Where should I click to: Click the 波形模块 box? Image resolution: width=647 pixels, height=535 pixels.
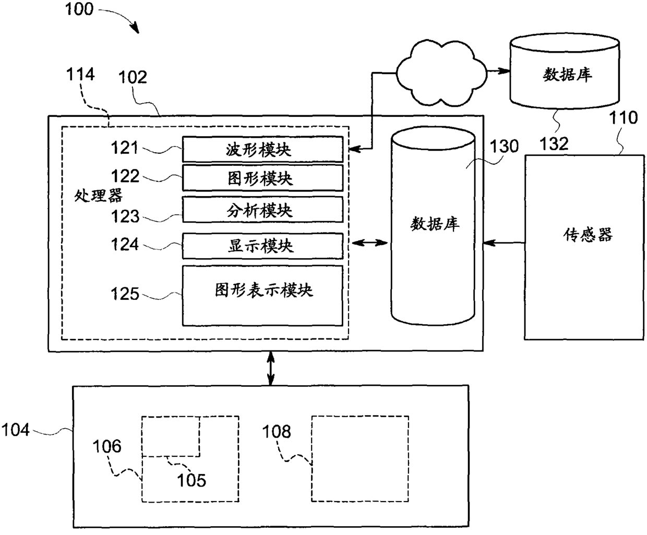point(263,149)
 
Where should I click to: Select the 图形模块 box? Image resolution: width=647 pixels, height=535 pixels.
point(263,178)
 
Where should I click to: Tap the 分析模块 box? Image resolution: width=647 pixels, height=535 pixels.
point(263,210)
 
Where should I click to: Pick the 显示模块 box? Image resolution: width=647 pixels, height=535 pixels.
point(263,246)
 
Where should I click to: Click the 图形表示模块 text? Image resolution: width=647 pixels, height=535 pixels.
point(263,290)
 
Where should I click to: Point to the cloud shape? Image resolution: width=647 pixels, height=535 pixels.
point(441,73)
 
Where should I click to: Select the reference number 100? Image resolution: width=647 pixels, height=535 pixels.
point(79,9)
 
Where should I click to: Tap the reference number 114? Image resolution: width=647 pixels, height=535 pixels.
point(80,74)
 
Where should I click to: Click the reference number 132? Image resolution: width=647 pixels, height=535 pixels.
point(554,144)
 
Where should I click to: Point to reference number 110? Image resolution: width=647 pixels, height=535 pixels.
point(624,118)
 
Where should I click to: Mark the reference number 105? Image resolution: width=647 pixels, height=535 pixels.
point(191,481)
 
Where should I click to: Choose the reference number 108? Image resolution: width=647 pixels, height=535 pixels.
point(277,432)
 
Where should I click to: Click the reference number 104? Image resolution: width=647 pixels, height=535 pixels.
point(16,430)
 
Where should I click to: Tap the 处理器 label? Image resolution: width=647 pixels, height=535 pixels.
point(99,196)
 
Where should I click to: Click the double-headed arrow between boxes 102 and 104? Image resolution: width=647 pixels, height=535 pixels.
point(271,369)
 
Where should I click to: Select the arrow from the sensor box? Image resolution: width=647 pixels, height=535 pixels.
point(504,243)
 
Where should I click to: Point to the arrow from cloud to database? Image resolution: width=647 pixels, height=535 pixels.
point(499,71)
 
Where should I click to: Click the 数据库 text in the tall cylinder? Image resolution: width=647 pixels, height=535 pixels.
point(435,224)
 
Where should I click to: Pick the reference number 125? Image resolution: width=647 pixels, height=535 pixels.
point(125,294)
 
